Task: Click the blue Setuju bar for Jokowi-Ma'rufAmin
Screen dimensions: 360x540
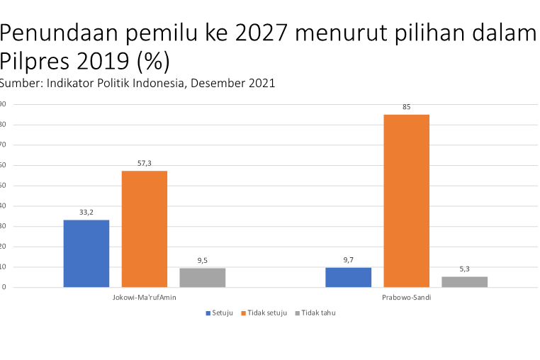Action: coord(86,253)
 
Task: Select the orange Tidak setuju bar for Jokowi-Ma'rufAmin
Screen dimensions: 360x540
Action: coord(144,229)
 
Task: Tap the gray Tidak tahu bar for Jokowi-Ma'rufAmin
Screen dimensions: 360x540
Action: coord(202,277)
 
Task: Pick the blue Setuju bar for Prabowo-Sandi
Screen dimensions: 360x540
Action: coord(348,277)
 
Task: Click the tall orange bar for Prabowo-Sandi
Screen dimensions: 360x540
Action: coord(406,201)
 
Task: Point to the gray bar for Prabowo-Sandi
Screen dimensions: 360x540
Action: coord(464,281)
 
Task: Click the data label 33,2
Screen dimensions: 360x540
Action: coord(86,212)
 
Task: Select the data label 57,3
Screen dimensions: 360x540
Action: coord(144,163)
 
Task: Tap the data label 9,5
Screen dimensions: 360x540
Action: coord(202,260)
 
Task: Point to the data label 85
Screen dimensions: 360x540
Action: coord(406,106)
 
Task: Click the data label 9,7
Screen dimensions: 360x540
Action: coord(348,259)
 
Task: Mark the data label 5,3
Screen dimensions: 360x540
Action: coord(464,269)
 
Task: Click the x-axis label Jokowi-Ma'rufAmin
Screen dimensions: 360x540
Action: coord(144,298)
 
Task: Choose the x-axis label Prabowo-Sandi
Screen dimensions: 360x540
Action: coord(406,298)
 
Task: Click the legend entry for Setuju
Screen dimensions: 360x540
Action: coord(221,313)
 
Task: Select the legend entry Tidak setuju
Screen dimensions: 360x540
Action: coord(266,313)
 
